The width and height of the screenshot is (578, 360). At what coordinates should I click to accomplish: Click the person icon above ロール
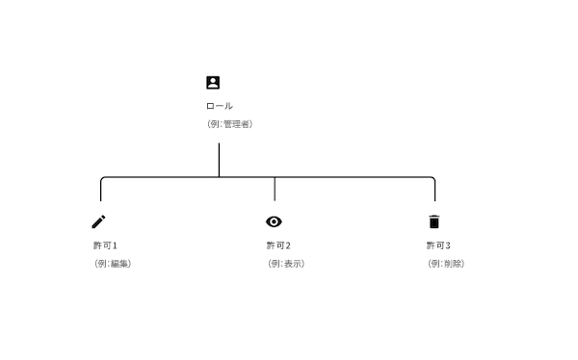pos(213,83)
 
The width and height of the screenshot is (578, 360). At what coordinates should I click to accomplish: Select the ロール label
pos(219,106)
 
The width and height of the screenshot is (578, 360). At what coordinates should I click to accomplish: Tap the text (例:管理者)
pos(229,124)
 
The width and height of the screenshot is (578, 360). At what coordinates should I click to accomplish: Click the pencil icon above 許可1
pos(98,221)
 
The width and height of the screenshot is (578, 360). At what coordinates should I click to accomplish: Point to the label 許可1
pos(104,245)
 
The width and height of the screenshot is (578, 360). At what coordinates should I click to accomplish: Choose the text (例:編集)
pos(112,264)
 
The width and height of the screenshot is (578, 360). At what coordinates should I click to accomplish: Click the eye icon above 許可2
pos(274,221)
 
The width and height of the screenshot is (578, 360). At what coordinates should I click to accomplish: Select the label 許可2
pos(277,245)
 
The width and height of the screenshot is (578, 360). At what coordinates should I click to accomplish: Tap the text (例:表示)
pos(285,264)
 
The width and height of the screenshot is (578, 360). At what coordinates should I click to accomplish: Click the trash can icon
pos(433,221)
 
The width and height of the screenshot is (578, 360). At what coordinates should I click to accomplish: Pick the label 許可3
pos(438,245)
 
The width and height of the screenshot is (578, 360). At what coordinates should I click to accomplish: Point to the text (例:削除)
pos(445,264)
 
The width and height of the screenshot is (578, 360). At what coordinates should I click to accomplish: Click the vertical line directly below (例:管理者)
pos(219,159)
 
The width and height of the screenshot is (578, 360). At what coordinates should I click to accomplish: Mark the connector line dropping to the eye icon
pos(275,189)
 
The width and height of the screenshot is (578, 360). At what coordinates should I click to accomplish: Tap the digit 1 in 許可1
pos(115,245)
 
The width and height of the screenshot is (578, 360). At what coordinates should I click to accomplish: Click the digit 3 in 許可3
pos(448,245)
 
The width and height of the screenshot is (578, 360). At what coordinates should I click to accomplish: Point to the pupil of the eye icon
pos(274,221)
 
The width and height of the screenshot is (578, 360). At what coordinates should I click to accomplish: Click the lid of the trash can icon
pos(433,216)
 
